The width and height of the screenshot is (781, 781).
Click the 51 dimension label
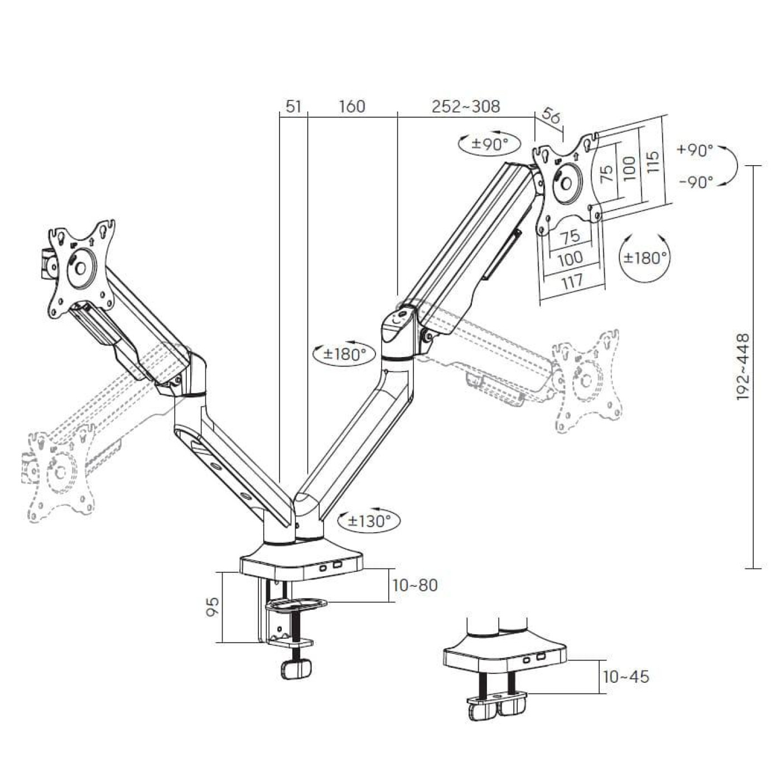click(293, 106)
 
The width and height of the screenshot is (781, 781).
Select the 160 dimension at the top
click(351, 106)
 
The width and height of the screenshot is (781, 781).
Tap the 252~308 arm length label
click(466, 106)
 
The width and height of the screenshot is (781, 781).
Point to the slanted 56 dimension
click(551, 116)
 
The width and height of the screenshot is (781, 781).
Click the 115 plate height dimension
click(653, 161)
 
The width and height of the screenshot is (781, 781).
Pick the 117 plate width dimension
click(571, 282)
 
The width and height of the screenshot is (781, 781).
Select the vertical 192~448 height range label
click(743, 367)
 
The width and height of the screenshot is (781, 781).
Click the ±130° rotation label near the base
click(369, 521)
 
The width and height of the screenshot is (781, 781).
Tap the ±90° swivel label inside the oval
click(490, 144)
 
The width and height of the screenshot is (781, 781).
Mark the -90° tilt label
click(696, 182)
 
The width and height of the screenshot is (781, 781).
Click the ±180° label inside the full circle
click(645, 258)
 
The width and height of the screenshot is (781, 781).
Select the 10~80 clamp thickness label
click(415, 585)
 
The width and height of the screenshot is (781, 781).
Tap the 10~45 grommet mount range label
click(626, 677)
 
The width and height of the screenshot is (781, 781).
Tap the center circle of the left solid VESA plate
click(79, 267)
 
